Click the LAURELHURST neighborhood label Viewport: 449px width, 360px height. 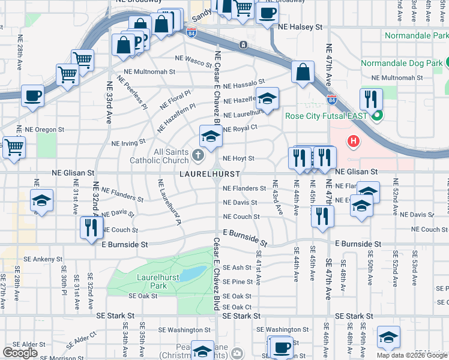[209, 174]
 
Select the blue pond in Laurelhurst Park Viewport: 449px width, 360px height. [193, 274]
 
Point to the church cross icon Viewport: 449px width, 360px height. [199, 157]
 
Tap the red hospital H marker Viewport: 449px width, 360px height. [354, 142]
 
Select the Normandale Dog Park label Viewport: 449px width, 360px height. [400, 63]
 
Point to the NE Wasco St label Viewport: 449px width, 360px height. [193, 59]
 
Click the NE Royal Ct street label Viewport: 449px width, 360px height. [240, 128]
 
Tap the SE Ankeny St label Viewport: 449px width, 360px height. [43, 259]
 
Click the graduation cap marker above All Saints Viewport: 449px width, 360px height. [211, 136]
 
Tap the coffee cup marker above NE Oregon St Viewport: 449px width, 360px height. [32, 95]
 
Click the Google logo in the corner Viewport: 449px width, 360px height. [20, 353]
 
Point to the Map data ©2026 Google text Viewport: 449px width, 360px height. [412, 355]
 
